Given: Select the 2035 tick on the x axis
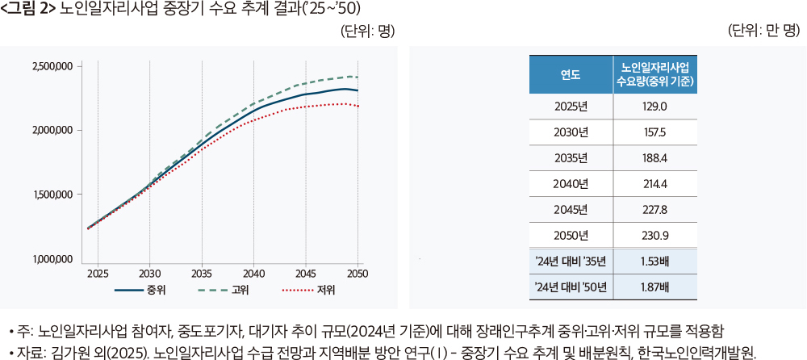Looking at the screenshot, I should pyautogui.click(x=202, y=274).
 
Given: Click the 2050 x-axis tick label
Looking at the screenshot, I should pyautogui.click(x=358, y=274).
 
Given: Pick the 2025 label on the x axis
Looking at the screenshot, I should pyautogui.click(x=98, y=274).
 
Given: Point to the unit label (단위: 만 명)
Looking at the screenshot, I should pyautogui.click(x=763, y=31).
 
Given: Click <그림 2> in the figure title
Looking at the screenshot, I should pyautogui.click(x=28, y=9).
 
